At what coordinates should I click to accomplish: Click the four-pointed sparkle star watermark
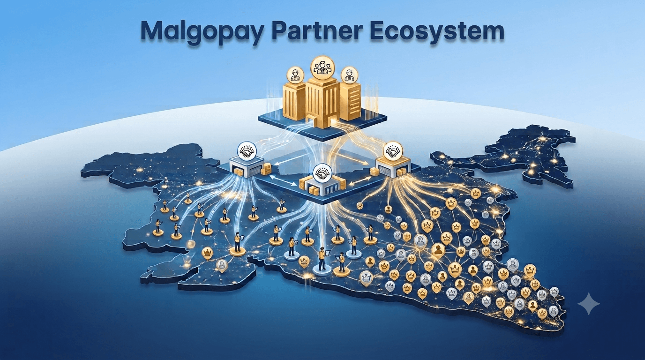(589, 304)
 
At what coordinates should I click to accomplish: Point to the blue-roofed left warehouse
(247, 168)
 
